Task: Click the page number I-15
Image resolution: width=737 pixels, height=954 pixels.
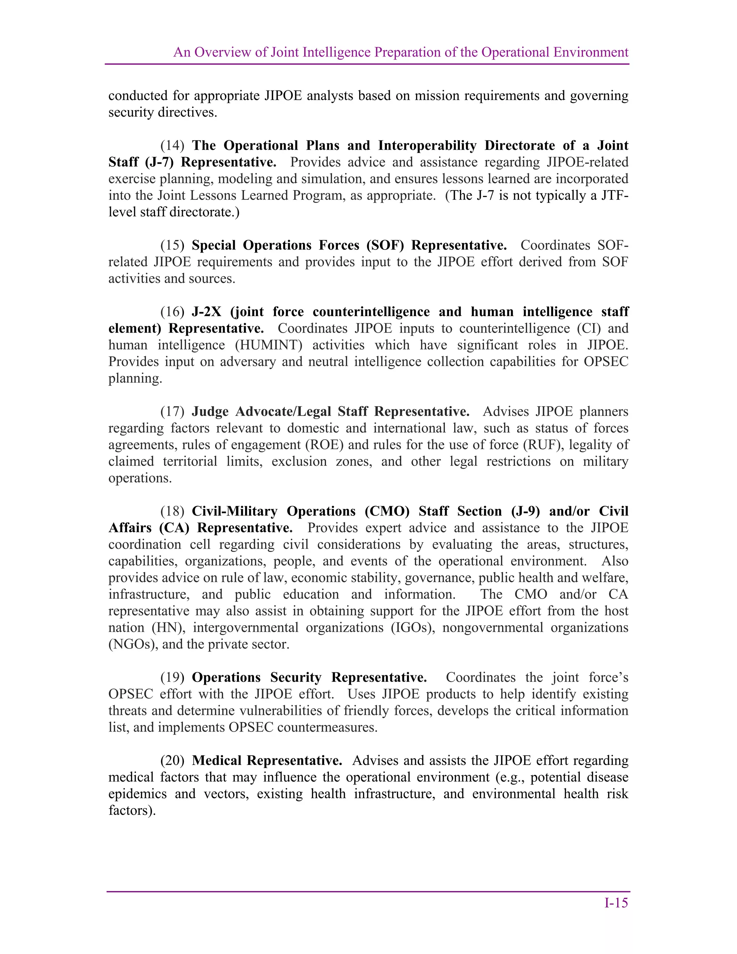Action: tap(616, 903)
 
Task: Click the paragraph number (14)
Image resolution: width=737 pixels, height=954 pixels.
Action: tap(172, 145)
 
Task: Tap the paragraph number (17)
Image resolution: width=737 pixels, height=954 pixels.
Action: tap(172, 411)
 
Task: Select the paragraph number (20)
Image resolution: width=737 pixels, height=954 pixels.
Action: tap(172, 760)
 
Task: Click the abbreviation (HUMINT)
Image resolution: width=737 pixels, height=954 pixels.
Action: tap(268, 345)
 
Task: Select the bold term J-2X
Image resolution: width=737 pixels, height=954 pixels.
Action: tap(207, 312)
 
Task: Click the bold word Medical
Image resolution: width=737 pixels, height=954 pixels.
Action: tap(217, 760)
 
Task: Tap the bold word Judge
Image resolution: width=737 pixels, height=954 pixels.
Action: tap(210, 411)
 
